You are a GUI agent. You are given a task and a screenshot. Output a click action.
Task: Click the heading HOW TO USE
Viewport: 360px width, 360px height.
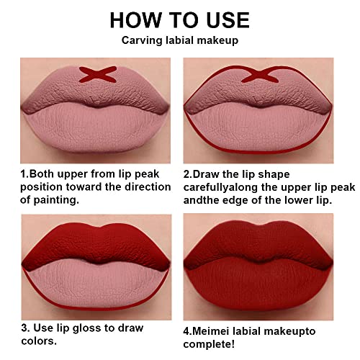tap(180, 19)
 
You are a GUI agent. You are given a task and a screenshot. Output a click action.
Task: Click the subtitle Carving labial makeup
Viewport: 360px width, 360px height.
tap(180, 41)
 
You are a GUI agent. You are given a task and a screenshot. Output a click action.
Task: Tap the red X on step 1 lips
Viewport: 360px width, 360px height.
tap(98, 73)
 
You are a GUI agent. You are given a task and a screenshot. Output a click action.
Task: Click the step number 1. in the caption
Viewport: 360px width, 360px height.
tap(24, 174)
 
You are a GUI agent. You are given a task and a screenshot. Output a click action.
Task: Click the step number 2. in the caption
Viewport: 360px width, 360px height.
tap(189, 174)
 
